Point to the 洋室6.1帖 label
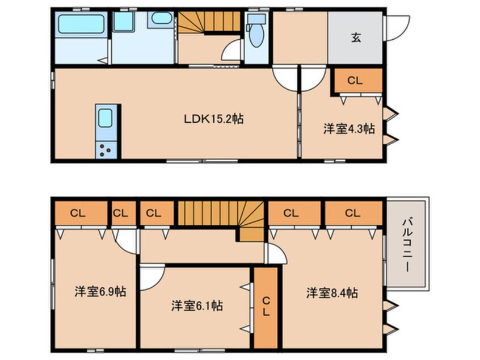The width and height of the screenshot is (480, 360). click(197, 305)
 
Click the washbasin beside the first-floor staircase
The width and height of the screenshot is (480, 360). click(162, 19)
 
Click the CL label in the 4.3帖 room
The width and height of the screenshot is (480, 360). click(355, 81)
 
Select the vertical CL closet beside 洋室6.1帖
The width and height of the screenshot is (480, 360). click(265, 307)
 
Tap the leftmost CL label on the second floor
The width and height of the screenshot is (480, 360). click(78, 214)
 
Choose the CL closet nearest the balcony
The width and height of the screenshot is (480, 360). click(352, 214)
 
